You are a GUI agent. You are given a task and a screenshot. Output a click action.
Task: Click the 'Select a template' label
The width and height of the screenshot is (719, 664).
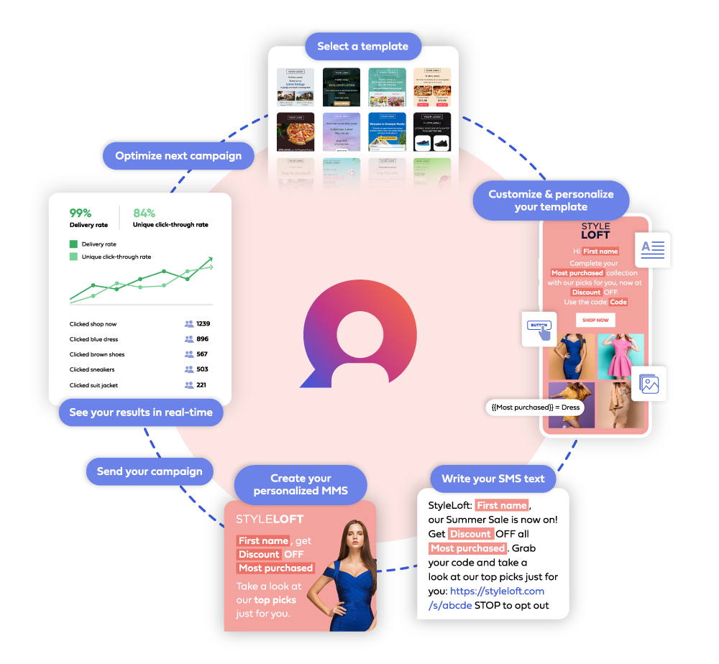coord(362,47)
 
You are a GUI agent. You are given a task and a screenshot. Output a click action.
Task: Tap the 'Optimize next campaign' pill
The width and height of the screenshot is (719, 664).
coord(178,156)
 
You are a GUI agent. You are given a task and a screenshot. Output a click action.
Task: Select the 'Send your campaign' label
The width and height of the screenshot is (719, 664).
coord(150,471)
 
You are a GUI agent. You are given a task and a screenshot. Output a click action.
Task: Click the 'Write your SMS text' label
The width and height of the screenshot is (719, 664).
coord(493,479)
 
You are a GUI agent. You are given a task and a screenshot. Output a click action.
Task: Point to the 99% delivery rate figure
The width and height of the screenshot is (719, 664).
coord(80,213)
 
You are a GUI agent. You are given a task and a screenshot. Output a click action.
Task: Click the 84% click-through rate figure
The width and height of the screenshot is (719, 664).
coord(144,213)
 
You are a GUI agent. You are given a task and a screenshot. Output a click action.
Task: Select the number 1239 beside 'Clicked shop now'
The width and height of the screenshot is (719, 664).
coord(203,324)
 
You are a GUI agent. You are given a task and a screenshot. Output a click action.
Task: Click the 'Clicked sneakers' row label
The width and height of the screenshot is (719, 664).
coord(92,369)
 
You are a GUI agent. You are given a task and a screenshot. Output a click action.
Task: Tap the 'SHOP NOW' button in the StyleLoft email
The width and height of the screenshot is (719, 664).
coord(595,320)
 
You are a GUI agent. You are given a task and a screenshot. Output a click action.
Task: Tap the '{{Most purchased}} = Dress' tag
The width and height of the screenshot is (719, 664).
coord(536,407)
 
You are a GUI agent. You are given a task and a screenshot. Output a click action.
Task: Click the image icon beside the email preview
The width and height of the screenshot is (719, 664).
coord(649,384)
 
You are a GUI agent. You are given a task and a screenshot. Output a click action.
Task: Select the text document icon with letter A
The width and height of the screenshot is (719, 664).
coord(653,249)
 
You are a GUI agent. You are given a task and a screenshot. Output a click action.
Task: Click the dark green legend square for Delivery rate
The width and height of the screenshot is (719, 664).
coord(73,244)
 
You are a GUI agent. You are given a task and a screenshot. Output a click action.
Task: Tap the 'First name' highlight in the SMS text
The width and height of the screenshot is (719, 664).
coord(502,505)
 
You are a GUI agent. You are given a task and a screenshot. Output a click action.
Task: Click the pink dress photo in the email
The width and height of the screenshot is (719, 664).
coord(620,356)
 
